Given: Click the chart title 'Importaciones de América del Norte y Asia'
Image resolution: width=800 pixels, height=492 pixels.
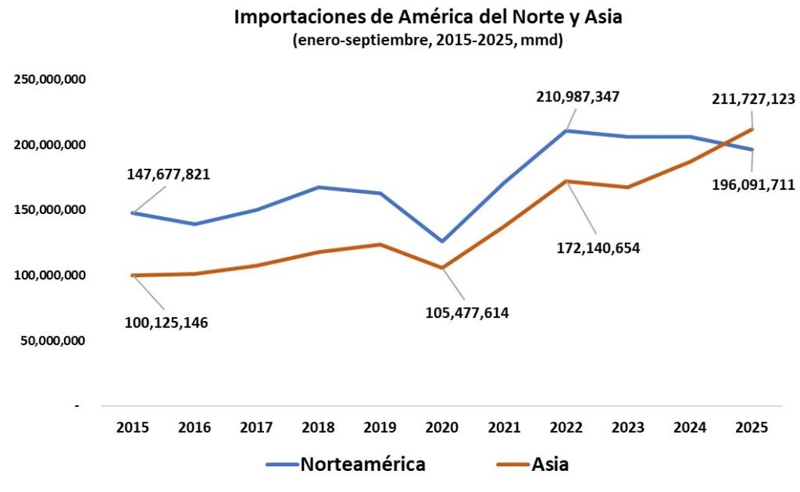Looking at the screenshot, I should (428, 18).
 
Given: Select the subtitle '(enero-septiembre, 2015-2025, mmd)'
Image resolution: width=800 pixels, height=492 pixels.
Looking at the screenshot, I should (428, 41).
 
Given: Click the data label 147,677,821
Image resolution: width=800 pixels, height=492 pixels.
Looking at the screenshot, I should (169, 174).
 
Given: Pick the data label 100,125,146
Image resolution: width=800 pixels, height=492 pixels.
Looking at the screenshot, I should (166, 322).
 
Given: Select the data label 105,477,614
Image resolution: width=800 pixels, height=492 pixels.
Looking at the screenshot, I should (467, 313).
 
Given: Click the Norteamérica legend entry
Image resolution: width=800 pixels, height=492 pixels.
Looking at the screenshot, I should (346, 464).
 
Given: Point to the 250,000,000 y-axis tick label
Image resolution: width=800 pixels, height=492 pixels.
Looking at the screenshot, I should (49, 80).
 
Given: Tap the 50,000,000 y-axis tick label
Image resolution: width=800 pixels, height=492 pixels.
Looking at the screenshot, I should (52, 340).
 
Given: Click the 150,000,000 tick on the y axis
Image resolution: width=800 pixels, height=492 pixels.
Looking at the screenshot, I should (49, 210).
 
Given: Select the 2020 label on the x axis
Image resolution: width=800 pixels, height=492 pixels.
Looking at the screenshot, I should (442, 427).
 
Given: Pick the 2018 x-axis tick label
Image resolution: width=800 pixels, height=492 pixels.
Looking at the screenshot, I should (318, 427).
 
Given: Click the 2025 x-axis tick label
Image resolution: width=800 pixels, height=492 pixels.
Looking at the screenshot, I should (752, 427).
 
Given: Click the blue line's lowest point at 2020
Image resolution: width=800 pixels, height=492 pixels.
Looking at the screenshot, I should (442, 241).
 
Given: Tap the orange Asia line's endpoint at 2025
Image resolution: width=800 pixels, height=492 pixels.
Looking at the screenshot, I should (752, 129).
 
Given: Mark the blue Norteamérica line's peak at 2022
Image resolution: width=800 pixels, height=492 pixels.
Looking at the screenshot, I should (566, 130).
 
